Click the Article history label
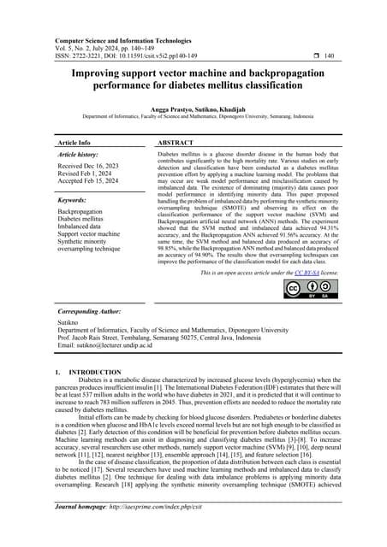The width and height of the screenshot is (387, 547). pyautogui.click(x=80, y=156)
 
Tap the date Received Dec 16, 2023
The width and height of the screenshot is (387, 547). pyautogui.click(x=91, y=169)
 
